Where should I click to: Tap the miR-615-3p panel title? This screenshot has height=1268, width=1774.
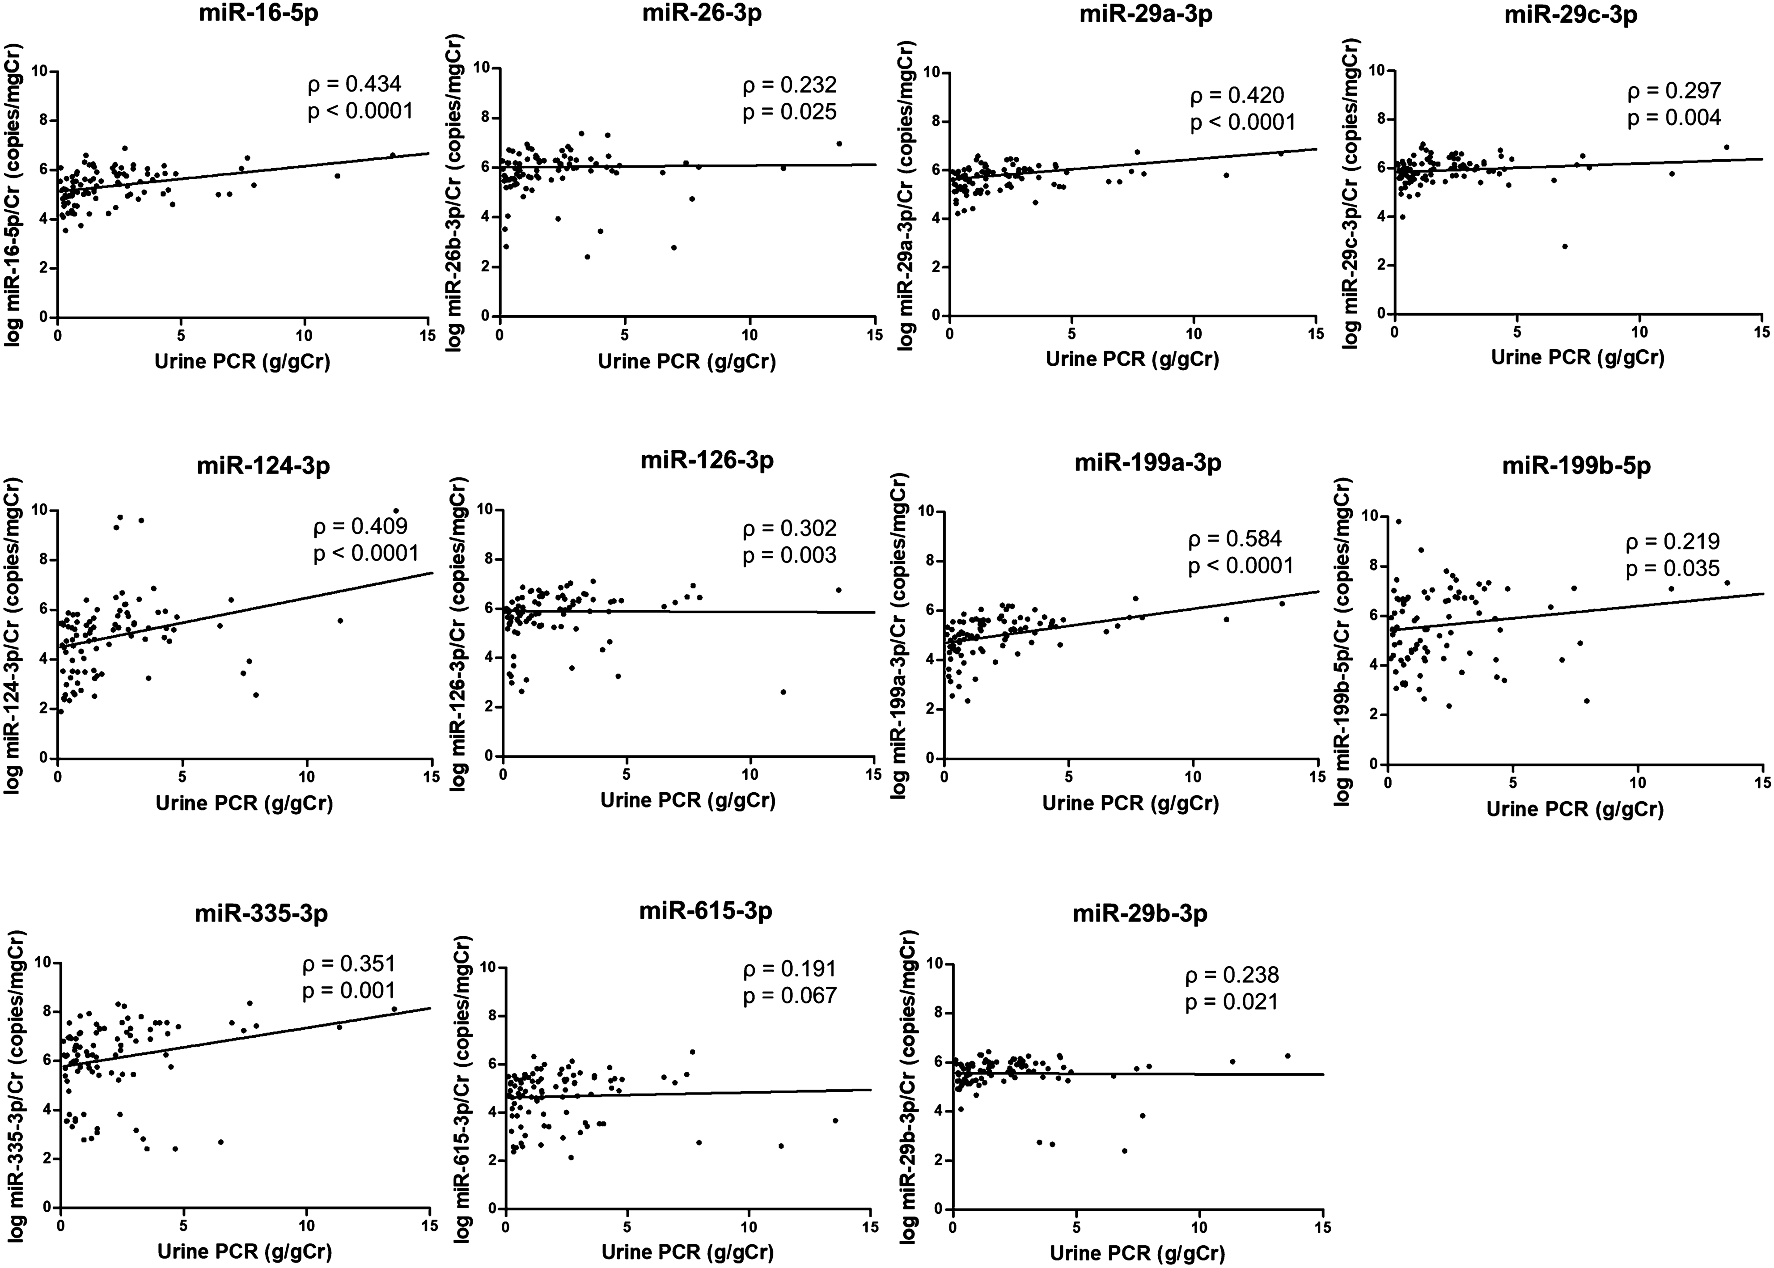706,910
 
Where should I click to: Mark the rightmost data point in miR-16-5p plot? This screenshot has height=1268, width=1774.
393,156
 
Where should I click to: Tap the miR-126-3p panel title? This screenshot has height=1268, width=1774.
707,460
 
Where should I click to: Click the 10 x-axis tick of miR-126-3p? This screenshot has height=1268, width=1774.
749,774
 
